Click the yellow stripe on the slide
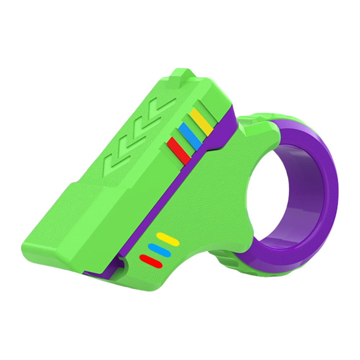click(x=201, y=122)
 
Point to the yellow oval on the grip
click(x=168, y=239)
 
